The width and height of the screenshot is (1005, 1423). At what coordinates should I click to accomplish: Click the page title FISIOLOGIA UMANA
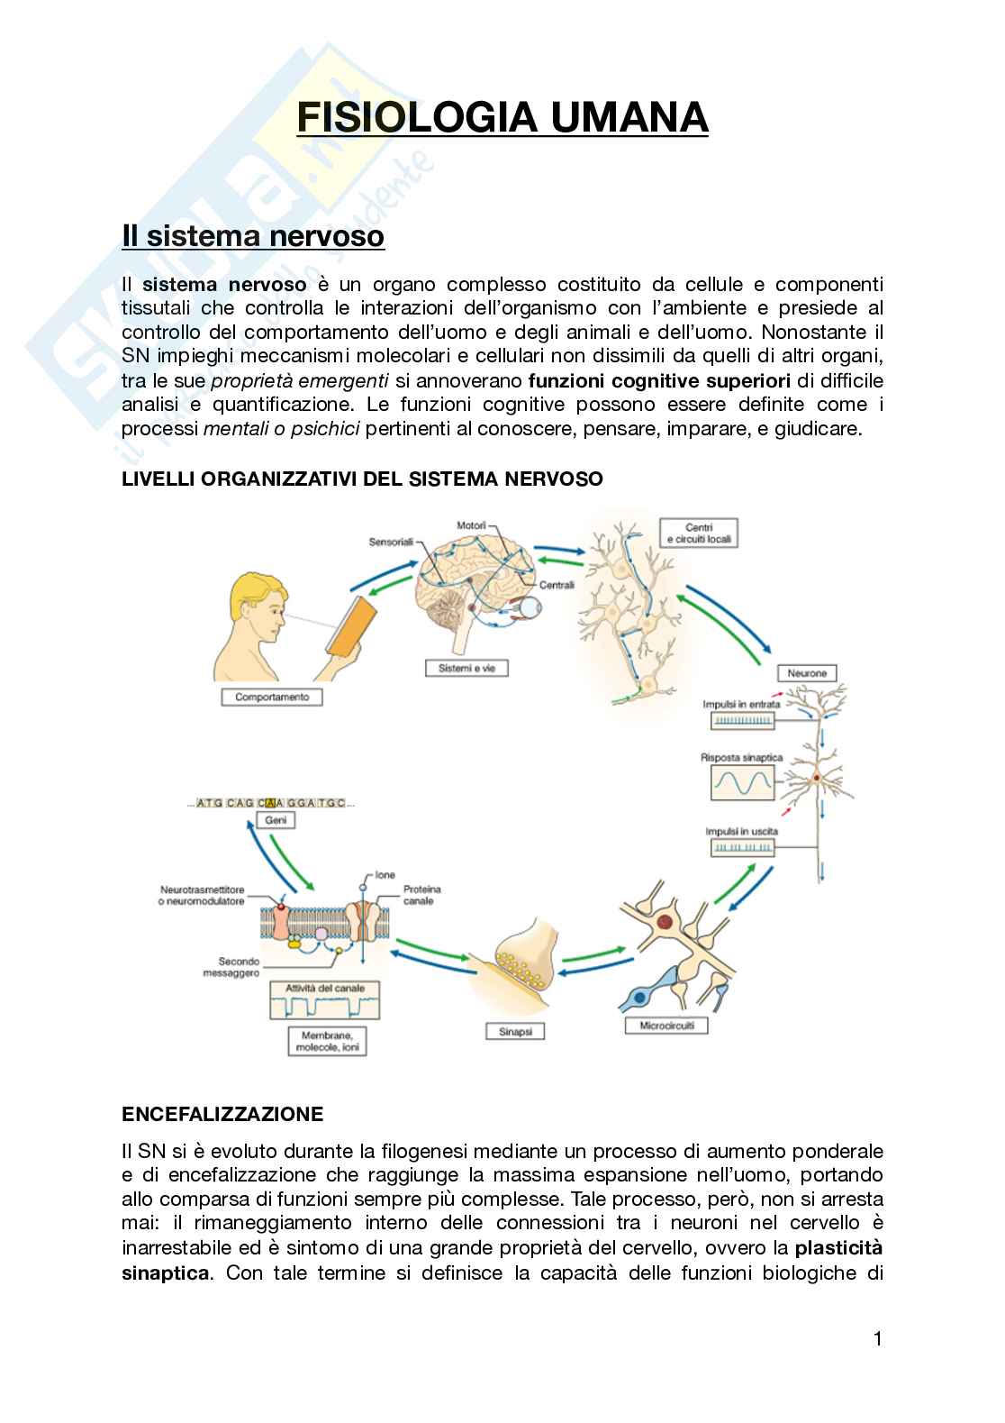(502, 118)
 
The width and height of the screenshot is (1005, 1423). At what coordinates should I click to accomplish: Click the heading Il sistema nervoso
(253, 236)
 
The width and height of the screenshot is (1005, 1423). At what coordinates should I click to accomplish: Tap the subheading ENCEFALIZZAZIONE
(222, 1114)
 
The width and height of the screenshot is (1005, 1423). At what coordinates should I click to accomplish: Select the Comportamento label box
(272, 697)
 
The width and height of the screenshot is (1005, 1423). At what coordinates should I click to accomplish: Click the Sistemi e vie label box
(466, 668)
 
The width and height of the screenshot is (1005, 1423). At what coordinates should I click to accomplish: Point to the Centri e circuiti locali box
(698, 533)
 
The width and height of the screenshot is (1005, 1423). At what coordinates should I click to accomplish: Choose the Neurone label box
(807, 673)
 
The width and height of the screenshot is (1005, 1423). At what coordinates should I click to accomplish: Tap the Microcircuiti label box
(666, 1026)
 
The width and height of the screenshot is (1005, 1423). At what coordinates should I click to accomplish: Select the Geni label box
(276, 820)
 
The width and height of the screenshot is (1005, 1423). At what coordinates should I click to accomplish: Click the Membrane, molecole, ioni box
(327, 1041)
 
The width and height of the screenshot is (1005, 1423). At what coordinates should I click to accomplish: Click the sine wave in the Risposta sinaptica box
(742, 782)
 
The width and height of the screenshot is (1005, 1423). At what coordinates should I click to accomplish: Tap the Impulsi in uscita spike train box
(742, 847)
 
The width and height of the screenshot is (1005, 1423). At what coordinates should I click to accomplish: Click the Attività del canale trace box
(324, 1000)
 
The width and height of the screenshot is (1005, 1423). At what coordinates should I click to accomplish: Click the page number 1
(877, 1338)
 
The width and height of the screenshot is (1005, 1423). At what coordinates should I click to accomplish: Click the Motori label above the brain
(471, 525)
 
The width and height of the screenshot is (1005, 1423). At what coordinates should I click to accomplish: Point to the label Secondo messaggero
(231, 967)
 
